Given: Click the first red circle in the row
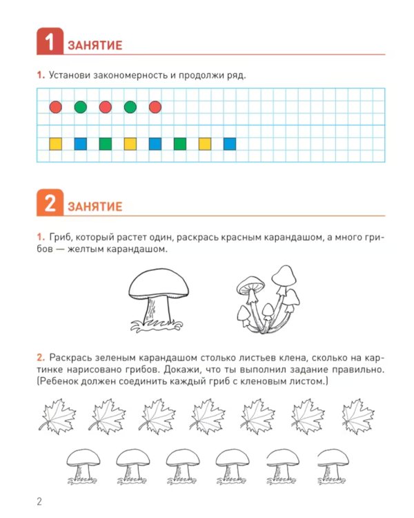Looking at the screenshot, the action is pyautogui.click(x=55, y=107).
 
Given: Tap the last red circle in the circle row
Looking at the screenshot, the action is pyautogui.click(x=155, y=107).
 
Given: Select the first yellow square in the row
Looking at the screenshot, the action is pyautogui.click(x=55, y=144).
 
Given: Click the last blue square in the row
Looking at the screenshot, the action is pyautogui.click(x=230, y=144).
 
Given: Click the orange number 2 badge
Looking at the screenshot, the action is pyautogui.click(x=50, y=202).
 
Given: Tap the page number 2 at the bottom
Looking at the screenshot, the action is pyautogui.click(x=39, y=501).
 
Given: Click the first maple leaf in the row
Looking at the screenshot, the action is pyautogui.click(x=57, y=416).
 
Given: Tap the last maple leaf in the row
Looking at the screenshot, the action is pyautogui.click(x=358, y=416).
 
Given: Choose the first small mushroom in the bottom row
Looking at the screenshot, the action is pyautogui.click(x=83, y=466).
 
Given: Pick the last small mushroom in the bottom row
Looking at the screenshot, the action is pyautogui.click(x=333, y=466).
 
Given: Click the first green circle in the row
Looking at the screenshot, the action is pyautogui.click(x=81, y=107).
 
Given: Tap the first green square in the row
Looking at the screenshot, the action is pyautogui.click(x=106, y=144).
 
